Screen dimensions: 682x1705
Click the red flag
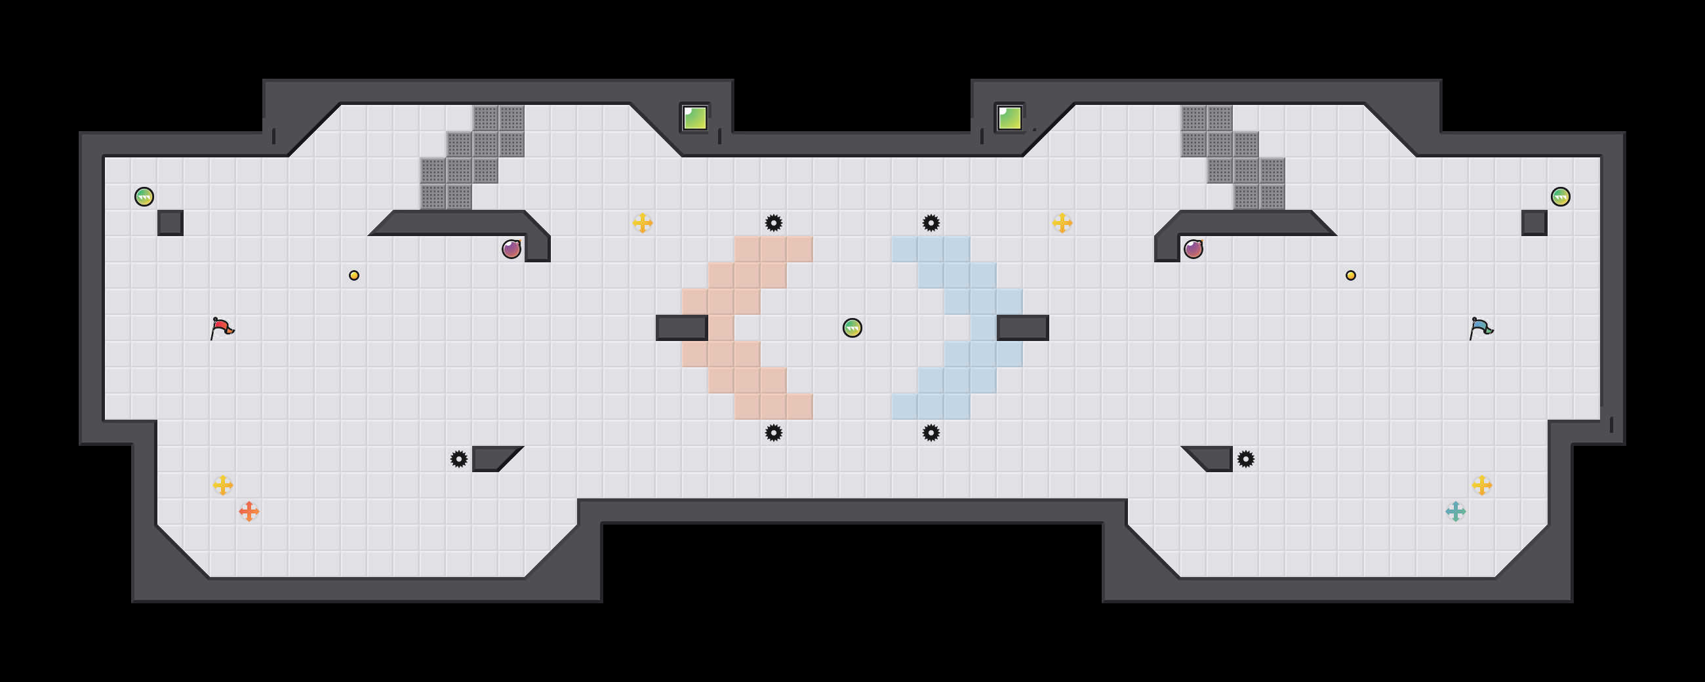222,328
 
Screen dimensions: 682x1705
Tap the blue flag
1481,328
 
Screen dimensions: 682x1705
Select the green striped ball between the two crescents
852,328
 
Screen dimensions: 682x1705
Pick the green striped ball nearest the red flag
144,197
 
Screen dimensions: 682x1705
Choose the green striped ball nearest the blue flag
1560,197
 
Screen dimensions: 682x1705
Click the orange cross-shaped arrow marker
249,511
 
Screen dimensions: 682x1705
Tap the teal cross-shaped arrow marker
1454,511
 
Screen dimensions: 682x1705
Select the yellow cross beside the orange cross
223,485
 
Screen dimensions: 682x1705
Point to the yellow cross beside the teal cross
1481,485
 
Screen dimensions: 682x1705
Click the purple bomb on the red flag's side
511,249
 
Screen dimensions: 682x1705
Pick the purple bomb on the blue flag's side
1193,249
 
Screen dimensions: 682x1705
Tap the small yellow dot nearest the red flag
354,275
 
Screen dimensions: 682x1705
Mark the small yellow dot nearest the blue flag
1350,275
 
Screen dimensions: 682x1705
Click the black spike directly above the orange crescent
773,223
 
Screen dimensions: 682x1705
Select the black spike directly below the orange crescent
773,433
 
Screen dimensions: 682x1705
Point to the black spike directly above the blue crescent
931,223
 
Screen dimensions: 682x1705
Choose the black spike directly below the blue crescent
931,433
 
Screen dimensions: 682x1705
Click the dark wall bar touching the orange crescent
682,328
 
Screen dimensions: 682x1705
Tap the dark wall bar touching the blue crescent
1022,328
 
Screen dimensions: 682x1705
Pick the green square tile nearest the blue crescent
1009,119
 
